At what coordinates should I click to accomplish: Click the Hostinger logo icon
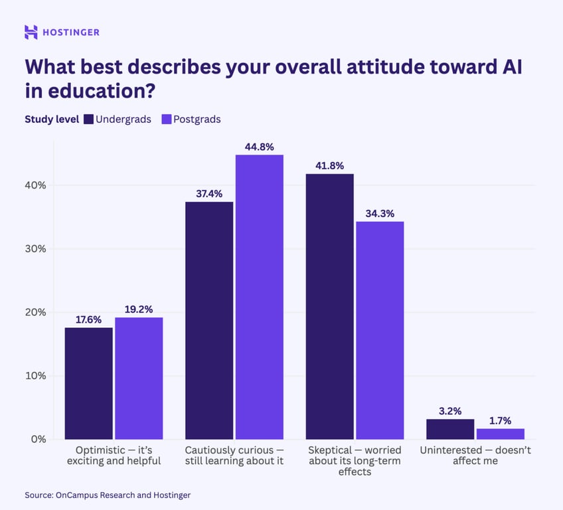point(31,32)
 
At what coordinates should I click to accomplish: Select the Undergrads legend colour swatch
point(88,120)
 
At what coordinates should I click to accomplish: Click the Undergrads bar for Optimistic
point(88,383)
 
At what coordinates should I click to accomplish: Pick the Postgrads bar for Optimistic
point(139,378)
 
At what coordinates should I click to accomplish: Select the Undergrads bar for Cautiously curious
point(209,320)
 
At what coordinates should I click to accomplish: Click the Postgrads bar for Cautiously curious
point(260,297)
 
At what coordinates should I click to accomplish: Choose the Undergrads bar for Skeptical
point(329,306)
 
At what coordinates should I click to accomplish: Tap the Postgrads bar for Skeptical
point(380,330)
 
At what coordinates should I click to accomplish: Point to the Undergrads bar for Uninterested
point(450,429)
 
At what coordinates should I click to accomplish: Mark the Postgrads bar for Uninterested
point(500,434)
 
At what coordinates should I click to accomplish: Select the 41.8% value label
point(329,165)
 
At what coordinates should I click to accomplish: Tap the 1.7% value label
point(500,420)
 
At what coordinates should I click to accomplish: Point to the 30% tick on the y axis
point(35,248)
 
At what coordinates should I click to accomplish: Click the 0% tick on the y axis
point(38,439)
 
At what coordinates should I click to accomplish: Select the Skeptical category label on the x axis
point(355,461)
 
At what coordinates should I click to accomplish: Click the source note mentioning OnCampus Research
point(108,495)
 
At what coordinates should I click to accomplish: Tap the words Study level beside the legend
point(52,120)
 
